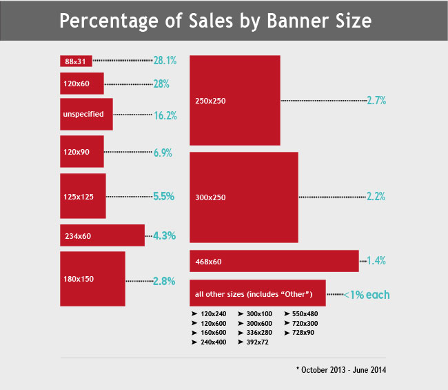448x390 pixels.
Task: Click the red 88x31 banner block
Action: [x=76, y=61]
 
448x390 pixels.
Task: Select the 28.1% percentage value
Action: [x=165, y=61]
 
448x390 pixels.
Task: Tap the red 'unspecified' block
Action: [x=86, y=114]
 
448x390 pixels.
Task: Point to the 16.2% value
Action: [x=165, y=115]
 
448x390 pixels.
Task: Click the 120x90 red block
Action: [x=82, y=151]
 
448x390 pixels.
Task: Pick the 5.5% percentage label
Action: [x=164, y=196]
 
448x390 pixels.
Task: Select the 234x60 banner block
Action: [x=102, y=235]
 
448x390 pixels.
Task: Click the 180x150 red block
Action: [x=92, y=278]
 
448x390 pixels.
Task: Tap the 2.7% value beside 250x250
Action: [x=376, y=100]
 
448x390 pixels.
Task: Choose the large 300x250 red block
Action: [x=243, y=197]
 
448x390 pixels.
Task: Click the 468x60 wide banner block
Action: [x=274, y=261]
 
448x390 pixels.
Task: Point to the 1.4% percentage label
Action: [x=376, y=261]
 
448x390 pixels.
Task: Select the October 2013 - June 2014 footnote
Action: [x=342, y=370]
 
